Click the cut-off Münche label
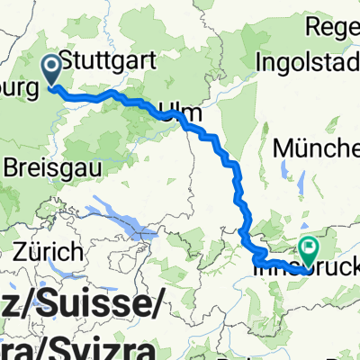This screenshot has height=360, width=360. tap(322, 147)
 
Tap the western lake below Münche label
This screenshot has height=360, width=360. tap(283, 170)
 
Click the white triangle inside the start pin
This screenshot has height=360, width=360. tap(50, 64)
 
